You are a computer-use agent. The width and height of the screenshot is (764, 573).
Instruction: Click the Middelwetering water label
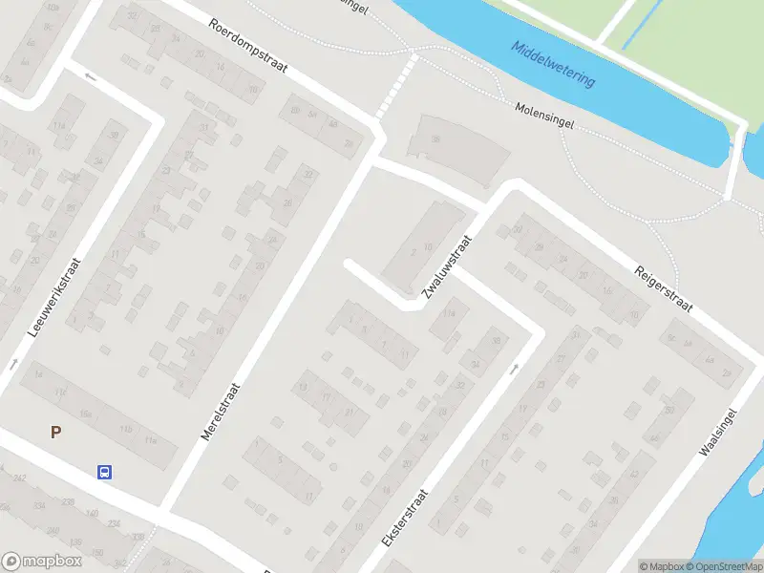[552, 64]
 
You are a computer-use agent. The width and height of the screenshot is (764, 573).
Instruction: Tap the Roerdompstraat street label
[246, 47]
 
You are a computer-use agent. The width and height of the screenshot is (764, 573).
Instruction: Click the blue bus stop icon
[104, 471]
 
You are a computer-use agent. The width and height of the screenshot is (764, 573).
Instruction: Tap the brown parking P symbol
[55, 433]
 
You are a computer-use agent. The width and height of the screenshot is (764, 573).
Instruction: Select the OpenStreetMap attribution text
[724, 566]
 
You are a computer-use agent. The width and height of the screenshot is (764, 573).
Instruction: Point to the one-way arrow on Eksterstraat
[515, 367]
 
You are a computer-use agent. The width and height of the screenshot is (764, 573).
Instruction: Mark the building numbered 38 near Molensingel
[435, 139]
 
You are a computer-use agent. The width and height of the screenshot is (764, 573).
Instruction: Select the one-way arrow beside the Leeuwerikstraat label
[13, 364]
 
